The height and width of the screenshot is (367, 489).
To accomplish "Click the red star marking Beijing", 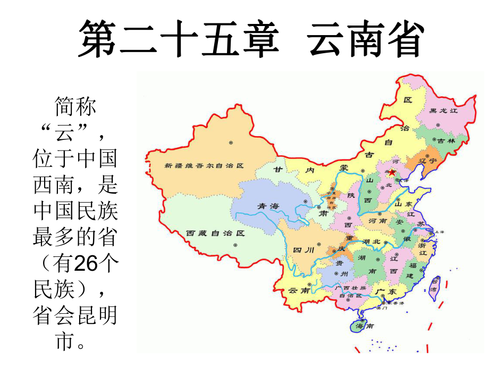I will tap(392, 172).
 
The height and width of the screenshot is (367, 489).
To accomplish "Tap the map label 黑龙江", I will tap(444, 111).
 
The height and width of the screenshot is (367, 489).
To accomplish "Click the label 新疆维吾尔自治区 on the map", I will tap(204, 165).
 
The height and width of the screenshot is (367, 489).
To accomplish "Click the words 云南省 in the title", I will tap(365, 40).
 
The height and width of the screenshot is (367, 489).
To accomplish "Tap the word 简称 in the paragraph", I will tap(75, 108).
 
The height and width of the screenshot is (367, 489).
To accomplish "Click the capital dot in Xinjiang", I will tap(231, 143).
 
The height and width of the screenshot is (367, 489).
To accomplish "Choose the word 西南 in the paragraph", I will tap(54, 186).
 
